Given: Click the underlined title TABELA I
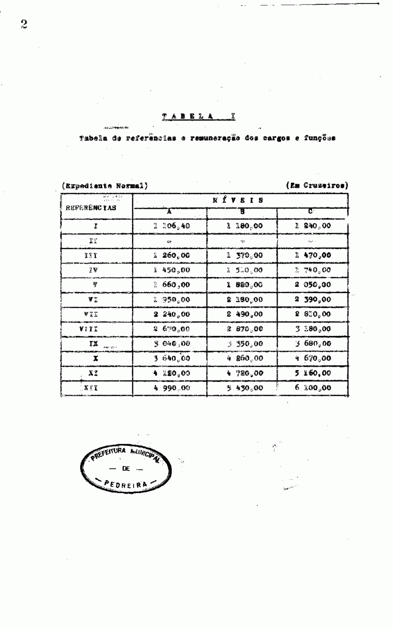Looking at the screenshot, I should coord(199,117).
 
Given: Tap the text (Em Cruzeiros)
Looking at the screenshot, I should coord(317,186).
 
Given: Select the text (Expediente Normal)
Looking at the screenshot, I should coord(106,186).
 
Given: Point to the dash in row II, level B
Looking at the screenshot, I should coord(243,242).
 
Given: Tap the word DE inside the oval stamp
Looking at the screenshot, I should coord(127,468).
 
